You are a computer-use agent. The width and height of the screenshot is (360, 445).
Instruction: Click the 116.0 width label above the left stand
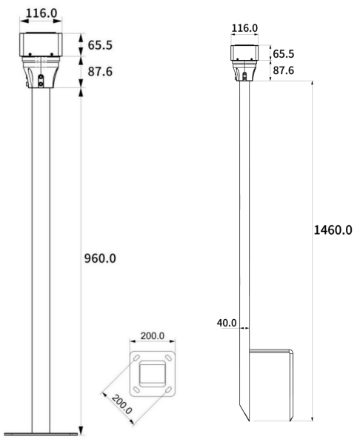[x=41, y=13]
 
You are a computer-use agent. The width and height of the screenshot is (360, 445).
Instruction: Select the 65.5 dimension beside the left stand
[x=100, y=45]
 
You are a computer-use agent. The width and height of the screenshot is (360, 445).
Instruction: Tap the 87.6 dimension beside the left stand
[x=100, y=72]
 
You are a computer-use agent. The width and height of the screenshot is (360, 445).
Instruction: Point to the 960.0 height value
[x=100, y=258]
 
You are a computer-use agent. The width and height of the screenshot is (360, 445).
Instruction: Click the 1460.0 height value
[x=333, y=230]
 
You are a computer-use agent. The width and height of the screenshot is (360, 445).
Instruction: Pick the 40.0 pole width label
[x=227, y=323]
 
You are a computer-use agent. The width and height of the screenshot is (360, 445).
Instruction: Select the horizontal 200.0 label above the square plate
[x=153, y=335]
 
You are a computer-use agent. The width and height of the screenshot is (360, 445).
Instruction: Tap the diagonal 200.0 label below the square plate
[x=121, y=404]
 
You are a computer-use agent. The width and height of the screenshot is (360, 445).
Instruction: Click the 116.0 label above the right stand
[x=244, y=28]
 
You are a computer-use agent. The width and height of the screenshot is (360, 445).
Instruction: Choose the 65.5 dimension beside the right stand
[x=284, y=54]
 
